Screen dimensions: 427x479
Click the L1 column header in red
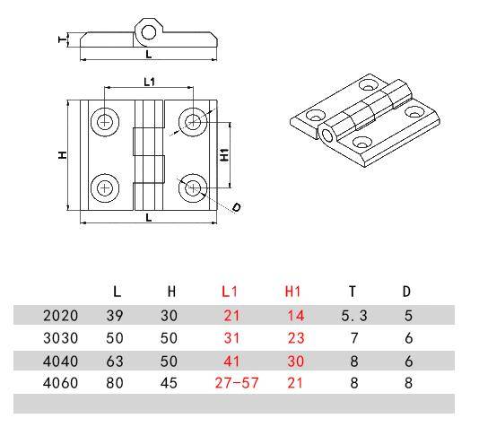pos(230,292)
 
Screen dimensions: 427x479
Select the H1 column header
pos(292,292)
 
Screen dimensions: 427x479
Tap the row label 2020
pos(60,315)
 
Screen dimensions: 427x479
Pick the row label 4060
pos(60,383)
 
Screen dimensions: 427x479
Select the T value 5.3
pos(353,315)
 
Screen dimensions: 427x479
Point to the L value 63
pos(117,361)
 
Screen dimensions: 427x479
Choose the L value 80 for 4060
pos(117,383)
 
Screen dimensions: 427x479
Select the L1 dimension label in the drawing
pos(148,83)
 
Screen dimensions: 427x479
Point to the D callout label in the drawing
pos(236,207)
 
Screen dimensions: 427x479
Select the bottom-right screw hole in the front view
pos(191,187)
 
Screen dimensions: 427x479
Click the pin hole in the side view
pos(149,32)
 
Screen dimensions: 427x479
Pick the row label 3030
pos(60,338)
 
